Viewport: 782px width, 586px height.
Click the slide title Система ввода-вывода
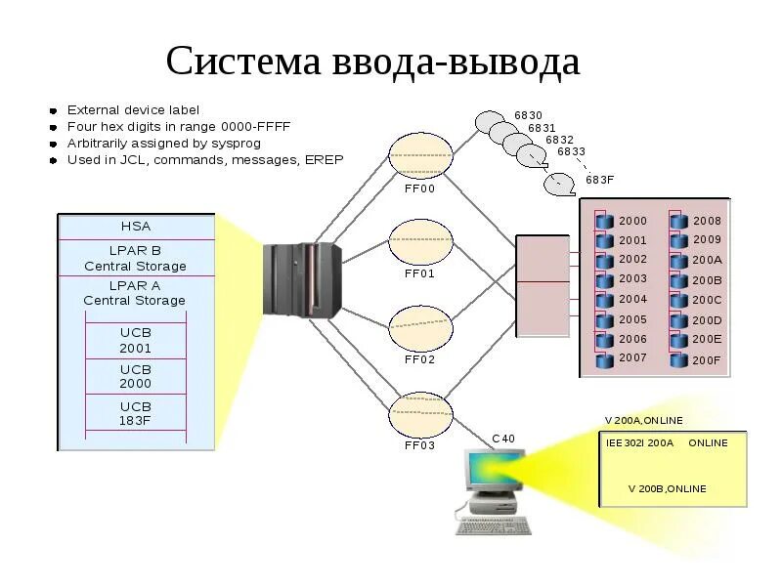point(372,62)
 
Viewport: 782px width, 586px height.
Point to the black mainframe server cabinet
point(304,280)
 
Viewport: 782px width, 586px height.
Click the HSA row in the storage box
point(136,227)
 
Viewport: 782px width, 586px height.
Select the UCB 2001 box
point(136,340)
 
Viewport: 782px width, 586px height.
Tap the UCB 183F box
point(136,413)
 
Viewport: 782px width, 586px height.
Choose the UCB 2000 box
point(136,377)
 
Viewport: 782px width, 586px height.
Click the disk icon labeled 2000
point(603,221)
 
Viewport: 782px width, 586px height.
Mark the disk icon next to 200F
point(678,359)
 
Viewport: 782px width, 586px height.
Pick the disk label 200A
point(707,260)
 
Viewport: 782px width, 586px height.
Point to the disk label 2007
point(632,357)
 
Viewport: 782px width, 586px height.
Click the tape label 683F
point(599,180)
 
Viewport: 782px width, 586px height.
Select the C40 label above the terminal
point(502,439)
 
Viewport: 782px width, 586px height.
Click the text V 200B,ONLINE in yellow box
point(668,487)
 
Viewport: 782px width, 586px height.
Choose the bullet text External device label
point(133,109)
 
